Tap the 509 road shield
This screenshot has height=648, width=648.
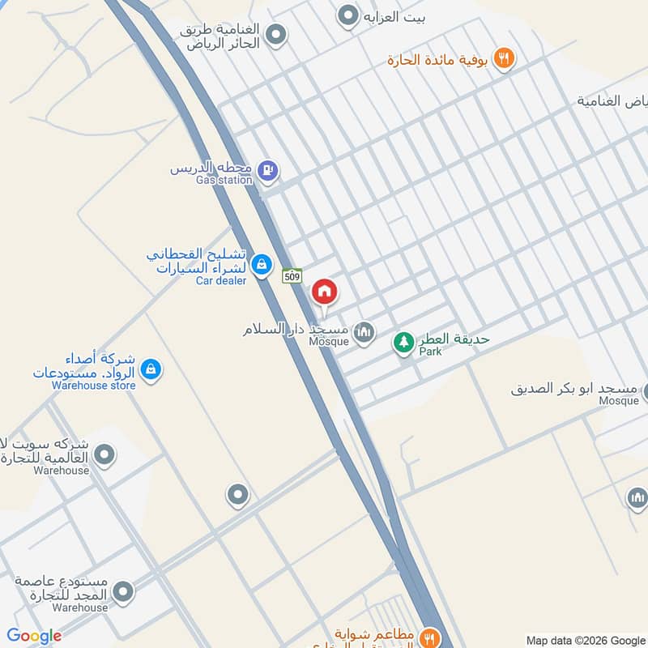click(292, 276)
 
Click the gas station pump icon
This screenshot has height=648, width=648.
click(268, 170)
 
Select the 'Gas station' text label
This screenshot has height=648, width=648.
click(224, 180)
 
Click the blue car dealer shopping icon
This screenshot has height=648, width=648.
click(261, 264)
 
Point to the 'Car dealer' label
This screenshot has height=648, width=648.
click(220, 281)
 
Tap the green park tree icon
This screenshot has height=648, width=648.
click(403, 343)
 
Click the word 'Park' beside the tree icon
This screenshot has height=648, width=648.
click(429, 352)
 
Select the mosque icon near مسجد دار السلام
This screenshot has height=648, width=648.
click(365, 331)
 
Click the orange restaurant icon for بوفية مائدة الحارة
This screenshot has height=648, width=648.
click(505, 58)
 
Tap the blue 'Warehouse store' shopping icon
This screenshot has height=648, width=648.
click(150, 370)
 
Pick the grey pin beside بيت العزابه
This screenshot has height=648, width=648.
click(348, 15)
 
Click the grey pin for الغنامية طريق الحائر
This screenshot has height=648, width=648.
click(276, 34)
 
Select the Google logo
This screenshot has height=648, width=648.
click(35, 636)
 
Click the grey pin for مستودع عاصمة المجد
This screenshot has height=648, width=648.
click(123, 591)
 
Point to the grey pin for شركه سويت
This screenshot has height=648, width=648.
click(104, 454)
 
